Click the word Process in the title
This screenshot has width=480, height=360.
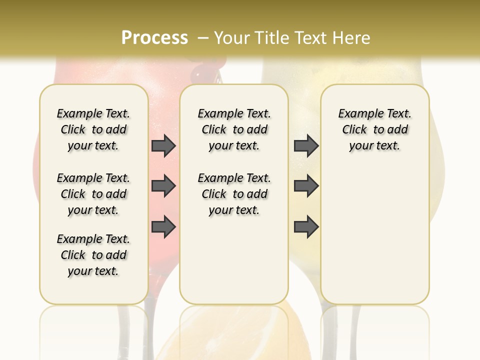[x=154, y=38]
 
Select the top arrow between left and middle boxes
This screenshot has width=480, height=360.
[x=163, y=146]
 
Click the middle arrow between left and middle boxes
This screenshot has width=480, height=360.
[x=163, y=186]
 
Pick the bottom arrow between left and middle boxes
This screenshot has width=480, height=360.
[x=163, y=227]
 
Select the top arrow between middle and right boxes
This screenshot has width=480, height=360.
[x=306, y=146]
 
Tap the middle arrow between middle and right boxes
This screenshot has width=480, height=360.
[x=306, y=186]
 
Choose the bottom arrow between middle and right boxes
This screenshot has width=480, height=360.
[x=306, y=227]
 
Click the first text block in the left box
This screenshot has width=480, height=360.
[x=93, y=129]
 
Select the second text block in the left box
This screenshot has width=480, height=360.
[x=93, y=194]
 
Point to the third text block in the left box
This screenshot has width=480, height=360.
[x=93, y=255]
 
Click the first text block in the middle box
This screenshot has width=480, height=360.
[x=234, y=129]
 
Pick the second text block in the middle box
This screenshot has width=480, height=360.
[x=234, y=194]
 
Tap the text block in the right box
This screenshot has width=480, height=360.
[x=374, y=129]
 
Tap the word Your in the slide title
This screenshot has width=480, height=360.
[x=232, y=38]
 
